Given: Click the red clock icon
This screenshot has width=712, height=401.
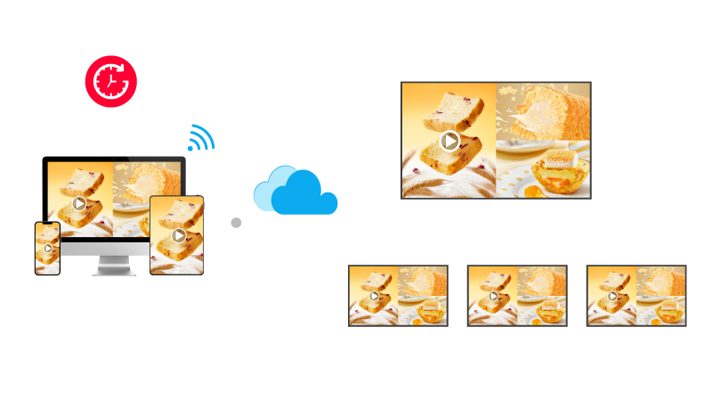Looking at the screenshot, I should click(110, 81).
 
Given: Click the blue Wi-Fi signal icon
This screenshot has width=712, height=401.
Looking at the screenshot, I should click(201, 138).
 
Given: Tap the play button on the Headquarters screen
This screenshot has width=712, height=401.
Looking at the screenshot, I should click(450, 140).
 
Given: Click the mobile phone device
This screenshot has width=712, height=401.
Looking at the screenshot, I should click(47, 248).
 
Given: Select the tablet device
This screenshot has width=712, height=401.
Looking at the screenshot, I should click(177, 234).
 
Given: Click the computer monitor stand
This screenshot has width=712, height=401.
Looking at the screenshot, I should click(112, 266).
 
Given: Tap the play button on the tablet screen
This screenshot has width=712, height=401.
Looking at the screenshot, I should click(178, 235).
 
